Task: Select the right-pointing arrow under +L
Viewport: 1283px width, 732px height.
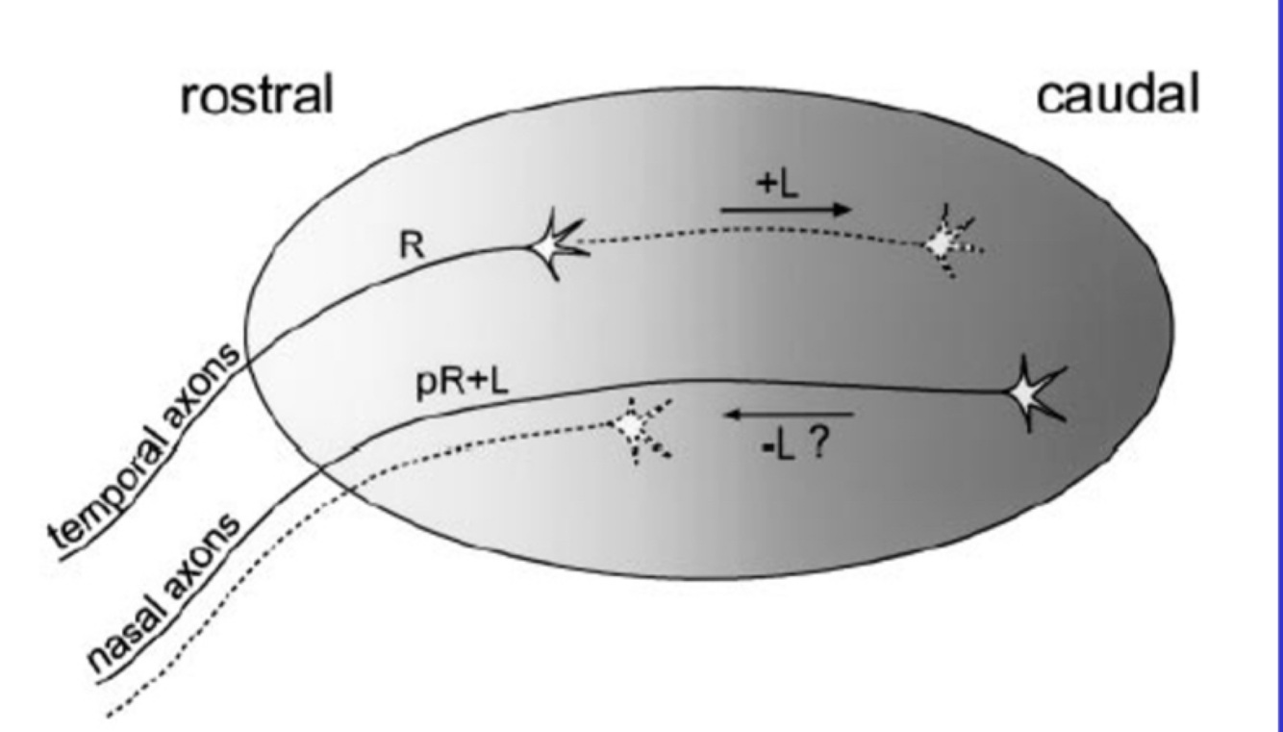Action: tap(785, 209)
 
